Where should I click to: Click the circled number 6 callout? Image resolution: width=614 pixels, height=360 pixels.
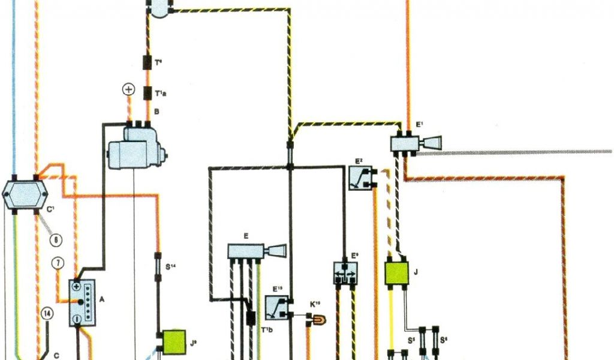pyautogui.click(x=55, y=240)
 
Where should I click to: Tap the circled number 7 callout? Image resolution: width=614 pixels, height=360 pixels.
pyautogui.click(x=58, y=263)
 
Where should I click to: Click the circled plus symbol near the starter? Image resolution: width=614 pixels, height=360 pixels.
pyautogui.click(x=128, y=90)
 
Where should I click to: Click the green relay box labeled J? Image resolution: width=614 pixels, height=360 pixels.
pyautogui.click(x=396, y=272)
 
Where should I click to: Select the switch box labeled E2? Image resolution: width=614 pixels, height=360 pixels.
pyautogui.click(x=361, y=178)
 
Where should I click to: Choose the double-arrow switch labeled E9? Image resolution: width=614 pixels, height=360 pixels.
pyautogui.click(x=345, y=273)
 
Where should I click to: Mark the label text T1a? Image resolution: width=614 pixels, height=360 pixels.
pyautogui.click(x=161, y=93)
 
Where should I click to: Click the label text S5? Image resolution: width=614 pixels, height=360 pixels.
pyautogui.click(x=412, y=340)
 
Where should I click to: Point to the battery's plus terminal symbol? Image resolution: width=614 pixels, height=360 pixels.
pyautogui.click(x=77, y=287)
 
